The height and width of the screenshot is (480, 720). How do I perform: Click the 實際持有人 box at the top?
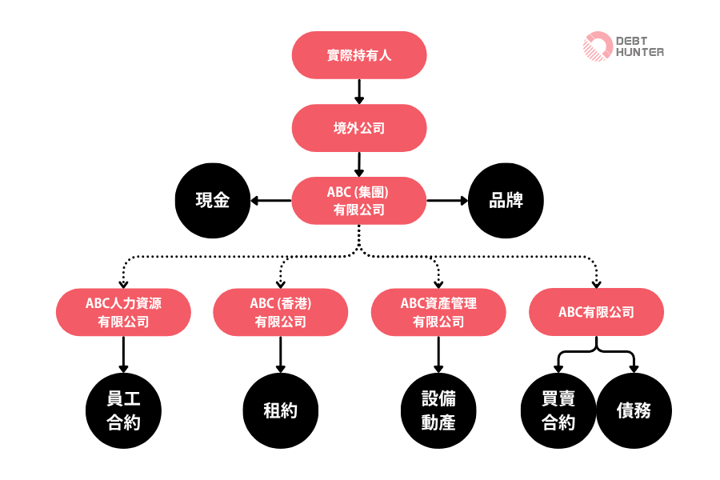(359, 55)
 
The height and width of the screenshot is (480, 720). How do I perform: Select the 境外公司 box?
(359, 128)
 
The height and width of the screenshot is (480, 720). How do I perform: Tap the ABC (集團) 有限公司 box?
(359, 201)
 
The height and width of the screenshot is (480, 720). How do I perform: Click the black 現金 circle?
(213, 201)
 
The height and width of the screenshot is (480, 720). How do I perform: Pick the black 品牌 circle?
(506, 201)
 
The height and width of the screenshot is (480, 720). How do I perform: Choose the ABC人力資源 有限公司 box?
(124, 313)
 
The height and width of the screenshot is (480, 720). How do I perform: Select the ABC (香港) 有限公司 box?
(281, 313)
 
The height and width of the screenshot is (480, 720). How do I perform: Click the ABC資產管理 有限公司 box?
(438, 313)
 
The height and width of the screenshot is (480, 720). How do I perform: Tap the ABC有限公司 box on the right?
(596, 312)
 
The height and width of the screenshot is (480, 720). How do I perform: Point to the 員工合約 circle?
(124, 411)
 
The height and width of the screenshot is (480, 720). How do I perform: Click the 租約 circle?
(281, 411)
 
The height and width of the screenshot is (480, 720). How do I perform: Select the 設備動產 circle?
(438, 411)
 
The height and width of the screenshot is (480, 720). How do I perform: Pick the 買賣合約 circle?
(558, 411)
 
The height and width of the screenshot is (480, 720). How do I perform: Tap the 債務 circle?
(634, 411)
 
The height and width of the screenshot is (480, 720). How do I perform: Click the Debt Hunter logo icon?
(598, 46)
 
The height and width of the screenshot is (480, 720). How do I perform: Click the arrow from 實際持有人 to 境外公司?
(359, 91)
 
